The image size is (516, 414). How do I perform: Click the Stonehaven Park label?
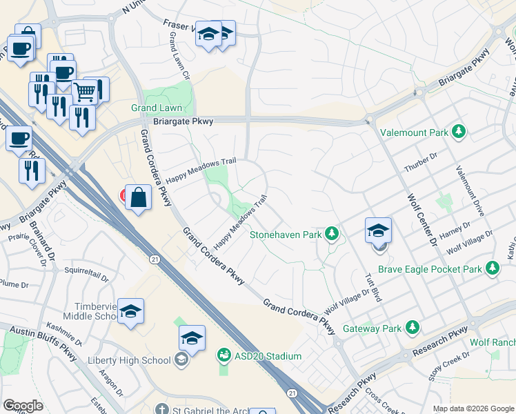pyautogui.click(x=286, y=235)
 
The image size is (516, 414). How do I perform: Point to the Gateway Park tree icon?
pyautogui.click(x=413, y=326)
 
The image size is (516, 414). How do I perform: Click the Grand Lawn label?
pyautogui.click(x=157, y=108)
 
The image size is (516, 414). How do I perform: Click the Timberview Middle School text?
pyautogui.click(x=91, y=311)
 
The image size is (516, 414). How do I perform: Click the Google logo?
pyautogui.click(x=22, y=406)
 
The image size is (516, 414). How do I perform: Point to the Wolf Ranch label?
pyautogui.click(x=493, y=342)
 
